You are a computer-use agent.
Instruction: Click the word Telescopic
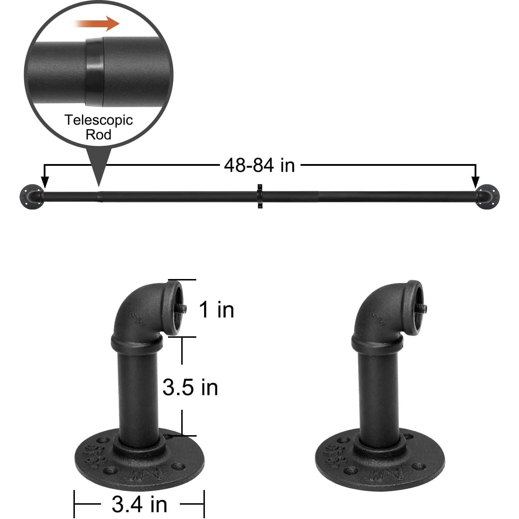click(x=98, y=120)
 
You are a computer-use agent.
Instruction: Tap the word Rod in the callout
click(x=98, y=135)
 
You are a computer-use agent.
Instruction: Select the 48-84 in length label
click(x=259, y=165)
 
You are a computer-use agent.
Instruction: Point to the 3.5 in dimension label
click(x=190, y=388)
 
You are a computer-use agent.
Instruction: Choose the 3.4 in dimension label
click(x=139, y=504)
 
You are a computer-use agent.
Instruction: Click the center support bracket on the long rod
click(x=260, y=196)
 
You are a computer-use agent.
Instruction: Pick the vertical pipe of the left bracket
click(x=138, y=394)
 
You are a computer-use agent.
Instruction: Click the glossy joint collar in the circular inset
click(x=95, y=72)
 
